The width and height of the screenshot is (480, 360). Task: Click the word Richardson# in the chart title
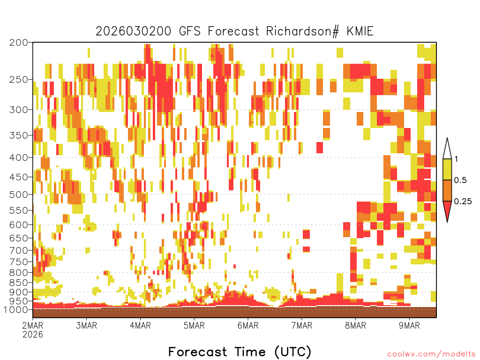302,31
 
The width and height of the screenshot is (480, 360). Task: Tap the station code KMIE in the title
360,31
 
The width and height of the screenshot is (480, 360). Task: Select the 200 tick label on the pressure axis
18,43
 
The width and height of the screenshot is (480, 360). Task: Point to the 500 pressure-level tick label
18,195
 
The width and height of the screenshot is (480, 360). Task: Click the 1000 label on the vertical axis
15,310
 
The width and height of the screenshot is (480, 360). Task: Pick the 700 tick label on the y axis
18,250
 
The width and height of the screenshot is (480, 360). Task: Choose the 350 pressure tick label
18,135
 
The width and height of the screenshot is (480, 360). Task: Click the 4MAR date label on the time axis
140,325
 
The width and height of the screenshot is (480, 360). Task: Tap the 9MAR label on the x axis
409,325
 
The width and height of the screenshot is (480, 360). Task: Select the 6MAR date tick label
248,325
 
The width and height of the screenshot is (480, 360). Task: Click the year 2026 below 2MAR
33,334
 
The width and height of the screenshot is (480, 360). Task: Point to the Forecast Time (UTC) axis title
240,352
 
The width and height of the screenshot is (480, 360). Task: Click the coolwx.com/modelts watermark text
432,354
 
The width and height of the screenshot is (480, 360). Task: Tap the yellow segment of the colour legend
447,169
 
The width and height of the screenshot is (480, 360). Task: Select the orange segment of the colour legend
447,190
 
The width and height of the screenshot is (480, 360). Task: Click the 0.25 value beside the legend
463,202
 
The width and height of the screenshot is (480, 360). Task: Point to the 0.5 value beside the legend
460,180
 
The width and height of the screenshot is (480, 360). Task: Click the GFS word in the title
189,31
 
